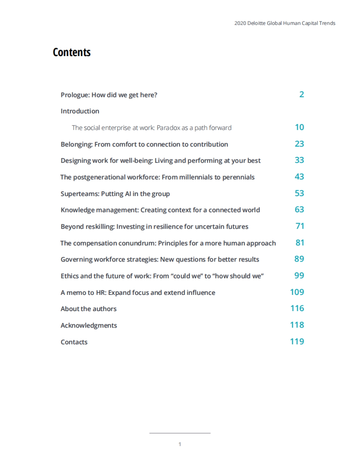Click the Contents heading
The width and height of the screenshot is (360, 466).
pyautogui.click(x=72, y=52)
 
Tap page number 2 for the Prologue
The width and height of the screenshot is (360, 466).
pyautogui.click(x=301, y=94)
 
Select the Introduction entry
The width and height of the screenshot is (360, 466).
pyautogui.click(x=80, y=111)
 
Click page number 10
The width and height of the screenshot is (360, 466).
pyautogui.click(x=299, y=127)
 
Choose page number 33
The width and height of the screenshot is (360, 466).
pyautogui.click(x=299, y=160)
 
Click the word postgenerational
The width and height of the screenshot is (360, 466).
pyautogui.click(x=100, y=177)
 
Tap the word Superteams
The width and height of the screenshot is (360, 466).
pyautogui.click(x=79, y=194)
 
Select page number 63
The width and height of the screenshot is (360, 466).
pyautogui.click(x=299, y=209)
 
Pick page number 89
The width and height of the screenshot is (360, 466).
pyautogui.click(x=299, y=259)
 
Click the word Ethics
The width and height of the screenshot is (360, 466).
pyautogui.click(x=70, y=276)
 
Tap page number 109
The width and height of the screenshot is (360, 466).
pyautogui.click(x=297, y=292)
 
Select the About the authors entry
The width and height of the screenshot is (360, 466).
pyautogui.click(x=88, y=309)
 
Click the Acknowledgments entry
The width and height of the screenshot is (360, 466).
pyautogui.click(x=89, y=325)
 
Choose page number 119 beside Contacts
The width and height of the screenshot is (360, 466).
pyautogui.click(x=297, y=342)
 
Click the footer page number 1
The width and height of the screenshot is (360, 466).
pyautogui.click(x=180, y=444)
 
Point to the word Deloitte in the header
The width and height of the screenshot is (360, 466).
pyautogui.click(x=256, y=23)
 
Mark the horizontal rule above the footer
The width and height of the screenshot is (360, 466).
pyautogui.click(x=180, y=433)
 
